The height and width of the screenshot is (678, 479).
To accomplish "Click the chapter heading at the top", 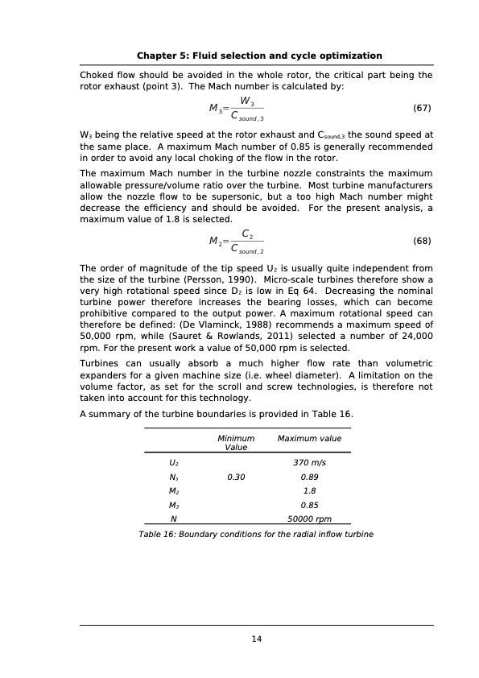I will [259, 56].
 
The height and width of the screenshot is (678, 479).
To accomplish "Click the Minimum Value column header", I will [236, 442].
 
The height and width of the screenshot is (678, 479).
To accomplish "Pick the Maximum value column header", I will [309, 439].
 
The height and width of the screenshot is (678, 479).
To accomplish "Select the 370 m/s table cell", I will [309, 463].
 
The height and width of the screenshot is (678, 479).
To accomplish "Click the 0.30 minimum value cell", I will [236, 477].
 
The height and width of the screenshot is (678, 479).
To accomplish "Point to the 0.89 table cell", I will [309, 477].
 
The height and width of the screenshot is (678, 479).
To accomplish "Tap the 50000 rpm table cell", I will [309, 519].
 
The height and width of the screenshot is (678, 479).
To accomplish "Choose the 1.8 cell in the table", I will [309, 490].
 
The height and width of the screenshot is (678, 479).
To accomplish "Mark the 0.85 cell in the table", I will [309, 505].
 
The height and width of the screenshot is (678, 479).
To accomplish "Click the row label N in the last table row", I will [174, 519].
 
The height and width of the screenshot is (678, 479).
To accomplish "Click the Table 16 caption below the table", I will [256, 534].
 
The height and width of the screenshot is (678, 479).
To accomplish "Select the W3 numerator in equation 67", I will [247, 101].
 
